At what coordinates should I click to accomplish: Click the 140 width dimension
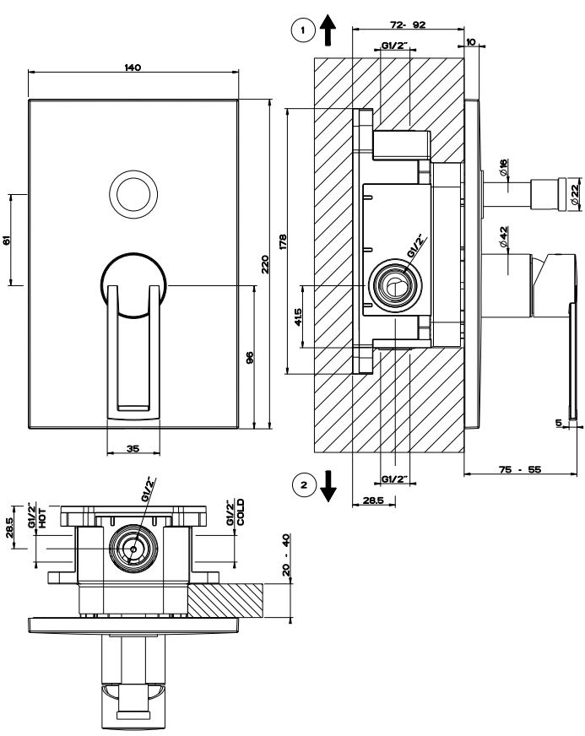click(x=133, y=67)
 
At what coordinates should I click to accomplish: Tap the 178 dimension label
click(x=283, y=241)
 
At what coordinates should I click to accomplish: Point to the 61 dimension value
click(x=7, y=240)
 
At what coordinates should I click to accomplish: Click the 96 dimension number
click(x=249, y=358)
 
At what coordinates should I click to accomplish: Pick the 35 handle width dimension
click(x=133, y=448)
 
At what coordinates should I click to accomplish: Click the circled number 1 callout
click(x=299, y=31)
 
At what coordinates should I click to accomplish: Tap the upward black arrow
click(x=328, y=31)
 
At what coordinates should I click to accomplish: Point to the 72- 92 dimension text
click(x=407, y=25)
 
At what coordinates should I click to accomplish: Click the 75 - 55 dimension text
click(x=519, y=469)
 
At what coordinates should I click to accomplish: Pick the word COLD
click(x=240, y=512)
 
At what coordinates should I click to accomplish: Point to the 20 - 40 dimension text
click(x=286, y=554)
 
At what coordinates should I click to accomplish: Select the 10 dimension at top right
click(x=469, y=41)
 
